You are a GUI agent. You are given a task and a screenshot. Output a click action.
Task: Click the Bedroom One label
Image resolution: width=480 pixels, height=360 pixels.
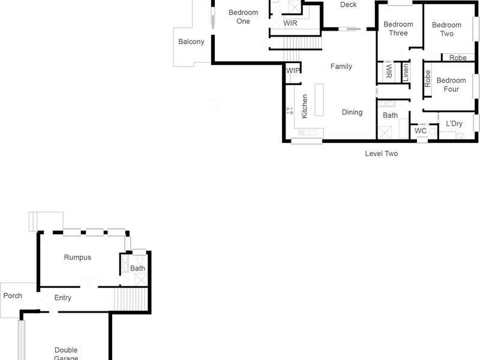[x=243, y=17]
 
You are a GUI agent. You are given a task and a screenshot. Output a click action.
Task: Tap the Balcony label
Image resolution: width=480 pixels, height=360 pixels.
[x=191, y=42]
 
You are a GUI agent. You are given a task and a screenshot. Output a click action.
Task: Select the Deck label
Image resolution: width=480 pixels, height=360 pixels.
[x=348, y=5]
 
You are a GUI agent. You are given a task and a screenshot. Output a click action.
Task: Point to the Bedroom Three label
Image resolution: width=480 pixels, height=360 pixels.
[x=398, y=29]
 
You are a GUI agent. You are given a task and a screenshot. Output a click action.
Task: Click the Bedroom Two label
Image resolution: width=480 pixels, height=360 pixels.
[x=446, y=29]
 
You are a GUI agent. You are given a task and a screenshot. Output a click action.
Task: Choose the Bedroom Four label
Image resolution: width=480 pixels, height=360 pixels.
[x=451, y=85]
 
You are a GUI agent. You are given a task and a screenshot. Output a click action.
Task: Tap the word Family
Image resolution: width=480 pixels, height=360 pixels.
[x=341, y=67]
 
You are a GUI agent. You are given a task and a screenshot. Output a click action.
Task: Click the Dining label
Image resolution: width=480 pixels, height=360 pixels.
[x=352, y=112]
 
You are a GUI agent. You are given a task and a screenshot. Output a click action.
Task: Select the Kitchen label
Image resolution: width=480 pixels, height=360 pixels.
[x=305, y=106]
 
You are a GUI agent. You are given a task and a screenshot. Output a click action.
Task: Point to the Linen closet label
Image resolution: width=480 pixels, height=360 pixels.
[x=406, y=72]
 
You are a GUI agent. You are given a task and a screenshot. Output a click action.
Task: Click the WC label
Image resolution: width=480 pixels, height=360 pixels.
[x=421, y=131]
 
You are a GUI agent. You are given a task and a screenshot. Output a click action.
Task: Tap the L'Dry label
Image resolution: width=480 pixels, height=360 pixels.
[x=454, y=124]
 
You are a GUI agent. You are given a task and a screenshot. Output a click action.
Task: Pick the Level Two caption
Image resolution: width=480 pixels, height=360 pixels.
[x=382, y=154]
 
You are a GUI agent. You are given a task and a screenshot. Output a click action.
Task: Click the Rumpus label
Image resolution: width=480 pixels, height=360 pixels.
[x=78, y=257]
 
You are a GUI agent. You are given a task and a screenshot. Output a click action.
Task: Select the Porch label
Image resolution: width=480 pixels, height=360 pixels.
[x=13, y=296]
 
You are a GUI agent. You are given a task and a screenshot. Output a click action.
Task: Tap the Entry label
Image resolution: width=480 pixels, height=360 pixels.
[x=63, y=298]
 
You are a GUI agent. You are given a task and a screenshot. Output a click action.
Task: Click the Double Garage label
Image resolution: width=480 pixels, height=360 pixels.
[x=66, y=353]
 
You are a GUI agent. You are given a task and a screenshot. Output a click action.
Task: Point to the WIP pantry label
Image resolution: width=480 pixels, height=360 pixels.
[x=293, y=71]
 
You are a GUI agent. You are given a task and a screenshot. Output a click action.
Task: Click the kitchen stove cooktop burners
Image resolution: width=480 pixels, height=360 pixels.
[x=290, y=110]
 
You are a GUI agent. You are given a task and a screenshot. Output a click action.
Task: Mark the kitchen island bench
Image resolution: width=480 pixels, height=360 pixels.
[x=319, y=100]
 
